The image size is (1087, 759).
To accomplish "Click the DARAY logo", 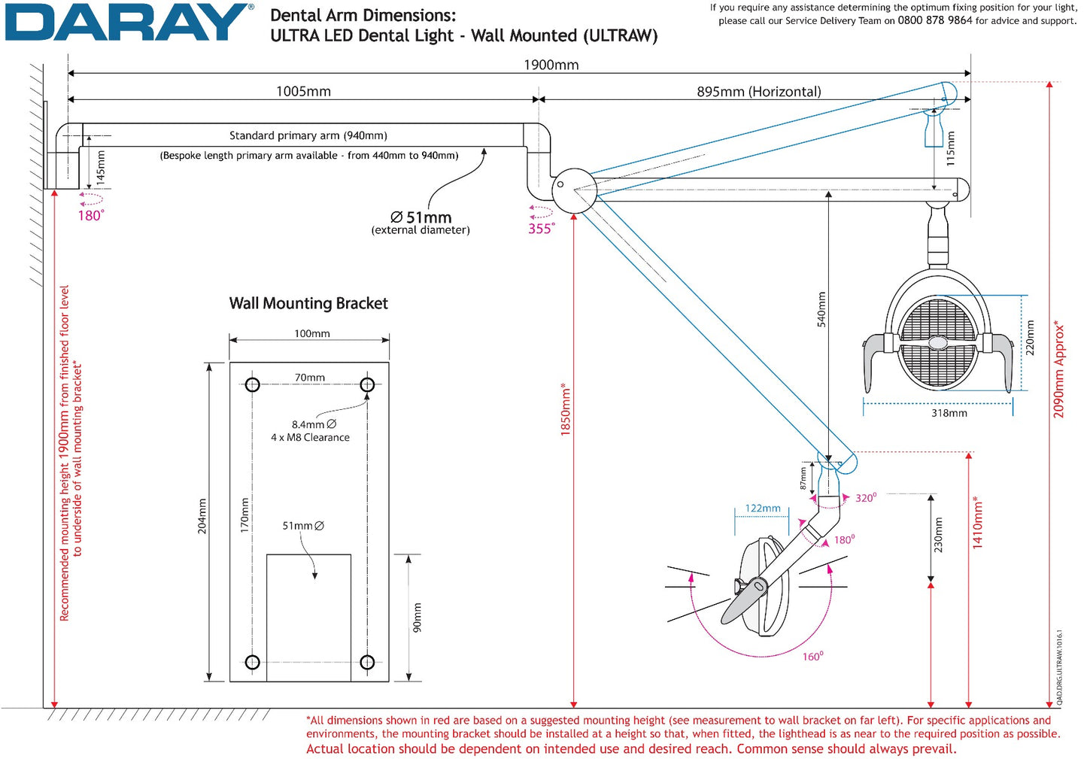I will (x=129, y=23).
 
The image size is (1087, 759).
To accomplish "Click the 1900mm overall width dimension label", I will (x=551, y=65).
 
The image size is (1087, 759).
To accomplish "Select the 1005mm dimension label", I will (x=303, y=91).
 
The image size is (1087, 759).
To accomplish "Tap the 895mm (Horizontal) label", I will (x=758, y=91).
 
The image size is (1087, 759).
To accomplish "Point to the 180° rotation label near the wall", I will (x=90, y=215).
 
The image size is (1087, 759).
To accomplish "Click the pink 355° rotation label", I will (x=541, y=229).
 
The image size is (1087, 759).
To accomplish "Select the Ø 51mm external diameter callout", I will (x=421, y=222).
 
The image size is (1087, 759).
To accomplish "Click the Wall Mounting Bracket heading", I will (x=308, y=303).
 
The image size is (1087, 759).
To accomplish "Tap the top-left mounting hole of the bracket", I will (x=253, y=385).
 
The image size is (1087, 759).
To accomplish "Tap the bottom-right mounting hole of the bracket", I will (x=367, y=662).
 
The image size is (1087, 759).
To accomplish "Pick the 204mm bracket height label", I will (x=202, y=516).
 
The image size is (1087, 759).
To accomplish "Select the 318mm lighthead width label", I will (x=949, y=413).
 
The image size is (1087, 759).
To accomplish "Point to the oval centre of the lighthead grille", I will (x=938, y=343).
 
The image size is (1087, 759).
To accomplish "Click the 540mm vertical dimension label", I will (x=821, y=309).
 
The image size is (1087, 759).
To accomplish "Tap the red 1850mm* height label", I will (x=566, y=410).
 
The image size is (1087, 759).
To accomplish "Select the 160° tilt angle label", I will (x=812, y=657).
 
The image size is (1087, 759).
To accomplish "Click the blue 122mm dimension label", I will (x=763, y=509).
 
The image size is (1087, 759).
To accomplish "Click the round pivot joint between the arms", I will (x=574, y=190).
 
